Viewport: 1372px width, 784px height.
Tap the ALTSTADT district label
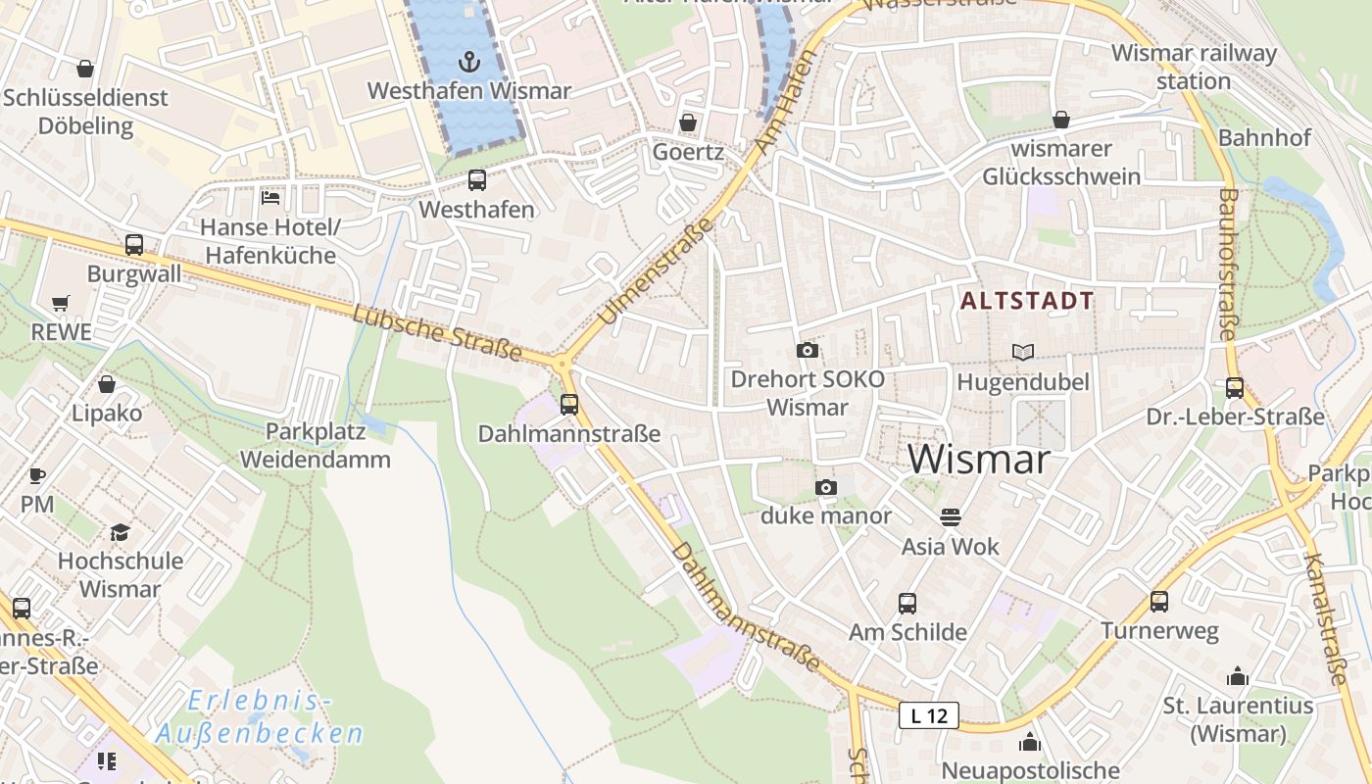click(1027, 301)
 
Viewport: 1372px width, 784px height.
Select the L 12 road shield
click(928, 715)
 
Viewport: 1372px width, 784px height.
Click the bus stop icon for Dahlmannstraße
click(569, 404)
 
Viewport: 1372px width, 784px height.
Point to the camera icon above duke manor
click(826, 487)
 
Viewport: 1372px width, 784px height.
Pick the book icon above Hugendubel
click(1022, 352)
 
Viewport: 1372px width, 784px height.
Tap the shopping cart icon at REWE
click(61, 303)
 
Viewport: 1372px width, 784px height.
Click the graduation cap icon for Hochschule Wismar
click(120, 532)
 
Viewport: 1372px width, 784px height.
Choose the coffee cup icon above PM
click(37, 476)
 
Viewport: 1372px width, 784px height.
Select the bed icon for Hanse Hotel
click(270, 198)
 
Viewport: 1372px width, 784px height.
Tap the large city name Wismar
click(979, 459)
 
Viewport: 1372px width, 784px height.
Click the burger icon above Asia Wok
click(950, 516)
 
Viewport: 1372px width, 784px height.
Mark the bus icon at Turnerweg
click(1159, 601)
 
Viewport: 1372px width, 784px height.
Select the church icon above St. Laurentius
click(1237, 676)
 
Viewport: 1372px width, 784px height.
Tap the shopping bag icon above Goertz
click(688, 122)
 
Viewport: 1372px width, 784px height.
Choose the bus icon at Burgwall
click(134, 245)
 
